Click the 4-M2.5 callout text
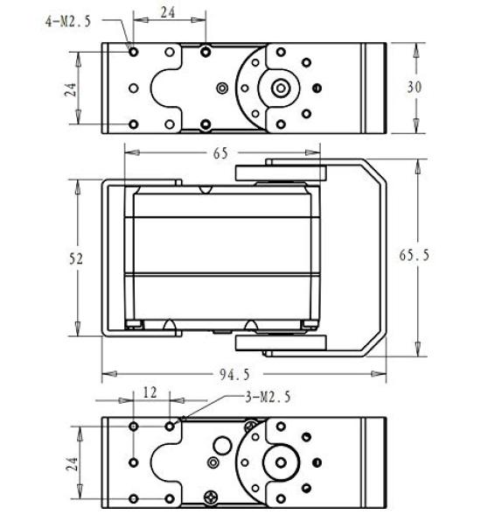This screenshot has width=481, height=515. (x=67, y=22)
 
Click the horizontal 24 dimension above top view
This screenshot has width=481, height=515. (x=170, y=12)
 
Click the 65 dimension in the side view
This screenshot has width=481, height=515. (x=220, y=153)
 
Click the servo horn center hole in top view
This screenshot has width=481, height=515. (x=282, y=88)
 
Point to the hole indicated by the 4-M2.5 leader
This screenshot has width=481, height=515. (x=133, y=52)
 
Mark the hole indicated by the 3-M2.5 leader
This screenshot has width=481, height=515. (x=171, y=426)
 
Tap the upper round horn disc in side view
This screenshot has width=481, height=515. (x=279, y=173)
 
